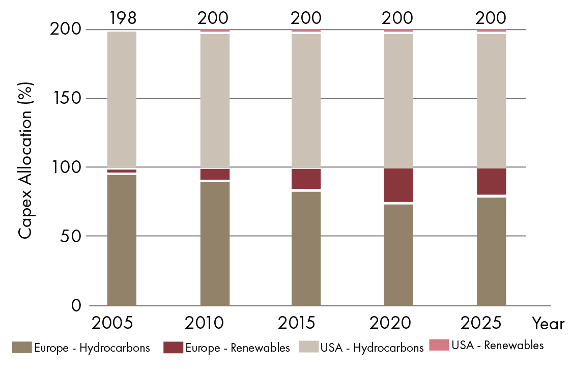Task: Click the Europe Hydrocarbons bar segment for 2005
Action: click(x=122, y=240)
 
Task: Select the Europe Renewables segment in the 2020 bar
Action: click(x=398, y=185)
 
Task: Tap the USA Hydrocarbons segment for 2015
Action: click(x=306, y=100)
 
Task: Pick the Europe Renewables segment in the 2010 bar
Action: click(x=215, y=174)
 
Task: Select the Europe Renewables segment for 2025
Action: click(x=491, y=181)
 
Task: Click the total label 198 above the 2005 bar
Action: click(x=122, y=18)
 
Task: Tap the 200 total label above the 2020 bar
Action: click(x=398, y=18)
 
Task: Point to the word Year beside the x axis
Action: click(x=549, y=323)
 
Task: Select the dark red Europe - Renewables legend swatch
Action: click(x=173, y=348)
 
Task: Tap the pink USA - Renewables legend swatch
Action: click(x=439, y=345)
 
